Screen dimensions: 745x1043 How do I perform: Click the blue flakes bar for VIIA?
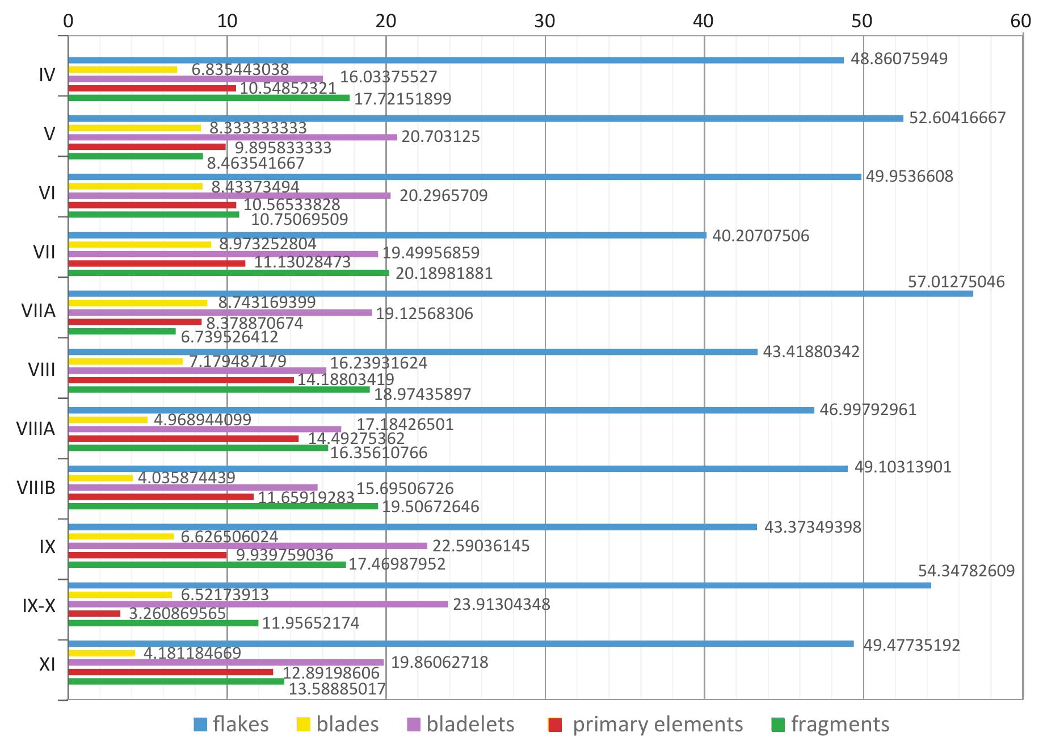click(520, 294)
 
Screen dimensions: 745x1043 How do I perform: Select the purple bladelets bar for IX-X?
click(258, 604)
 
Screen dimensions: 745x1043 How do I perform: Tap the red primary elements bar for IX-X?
click(94, 613)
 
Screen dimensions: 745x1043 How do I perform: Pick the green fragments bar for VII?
click(228, 273)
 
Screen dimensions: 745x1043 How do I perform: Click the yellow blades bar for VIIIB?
click(100, 478)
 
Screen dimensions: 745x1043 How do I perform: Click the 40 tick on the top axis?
click(704, 21)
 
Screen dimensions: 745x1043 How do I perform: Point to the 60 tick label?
click(1020, 21)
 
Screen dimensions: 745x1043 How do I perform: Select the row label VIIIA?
click(36, 429)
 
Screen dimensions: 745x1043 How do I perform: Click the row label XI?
click(47, 664)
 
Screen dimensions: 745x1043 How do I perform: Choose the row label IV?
click(47, 75)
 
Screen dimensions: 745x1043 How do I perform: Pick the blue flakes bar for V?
click(485, 119)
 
